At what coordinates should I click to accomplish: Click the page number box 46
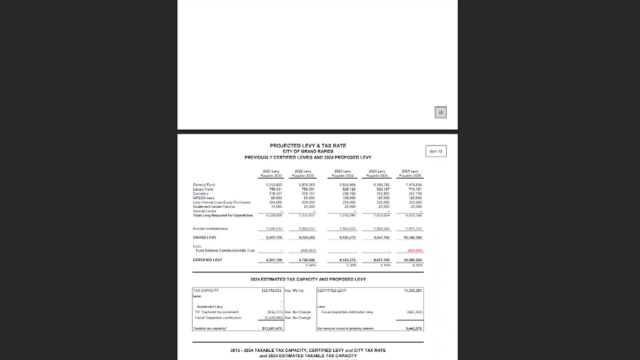coord(440,113)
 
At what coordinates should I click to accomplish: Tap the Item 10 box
coord(436,151)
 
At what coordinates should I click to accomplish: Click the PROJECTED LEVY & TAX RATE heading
coord(308,146)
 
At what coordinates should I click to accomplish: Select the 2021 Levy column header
coord(271,173)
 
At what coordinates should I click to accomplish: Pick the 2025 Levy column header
coord(410,173)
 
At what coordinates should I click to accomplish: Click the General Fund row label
coord(204,185)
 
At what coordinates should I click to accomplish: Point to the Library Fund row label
coord(203,189)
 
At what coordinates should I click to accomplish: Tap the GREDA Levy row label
coord(204,198)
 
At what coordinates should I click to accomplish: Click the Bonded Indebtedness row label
coord(210,229)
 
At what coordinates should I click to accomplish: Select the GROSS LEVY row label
coord(205,237)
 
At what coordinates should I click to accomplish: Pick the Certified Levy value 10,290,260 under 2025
coord(413,260)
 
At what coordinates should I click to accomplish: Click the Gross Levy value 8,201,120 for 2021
coord(274,237)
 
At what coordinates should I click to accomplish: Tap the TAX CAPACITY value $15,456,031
coord(272,291)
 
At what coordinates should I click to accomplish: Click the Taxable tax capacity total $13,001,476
coord(272,329)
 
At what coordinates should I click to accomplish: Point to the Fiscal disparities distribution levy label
coord(347,312)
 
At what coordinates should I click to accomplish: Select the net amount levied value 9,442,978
coord(414,329)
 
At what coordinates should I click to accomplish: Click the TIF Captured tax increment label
coord(217,312)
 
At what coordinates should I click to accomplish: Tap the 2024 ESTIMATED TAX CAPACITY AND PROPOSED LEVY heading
coord(308,279)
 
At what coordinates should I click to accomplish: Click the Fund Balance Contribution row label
coord(225,251)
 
